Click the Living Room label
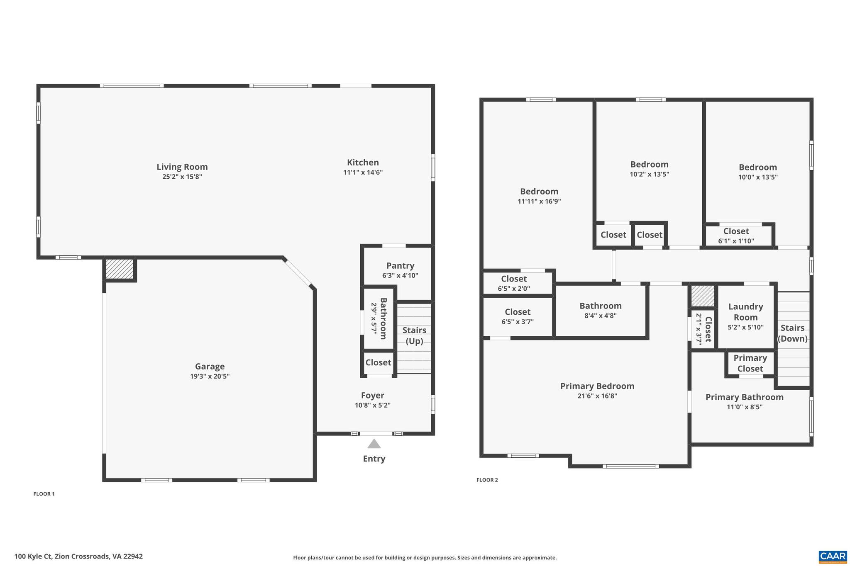click(182, 167)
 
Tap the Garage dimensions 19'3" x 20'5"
click(210, 377)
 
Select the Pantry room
click(400, 270)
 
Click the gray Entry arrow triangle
click(374, 444)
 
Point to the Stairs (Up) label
click(414, 335)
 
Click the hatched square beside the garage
click(120, 269)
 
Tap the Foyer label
click(372, 395)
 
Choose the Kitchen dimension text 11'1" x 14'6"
click(363, 172)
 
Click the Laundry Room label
click(745, 312)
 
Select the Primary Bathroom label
click(744, 397)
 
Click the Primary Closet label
click(750, 363)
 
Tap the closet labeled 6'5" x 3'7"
click(518, 316)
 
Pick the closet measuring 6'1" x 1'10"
click(736, 236)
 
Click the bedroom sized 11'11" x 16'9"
click(539, 196)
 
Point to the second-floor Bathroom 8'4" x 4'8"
click(601, 310)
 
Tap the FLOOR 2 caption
click(487, 480)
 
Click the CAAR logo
click(833, 556)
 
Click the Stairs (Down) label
click(792, 333)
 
